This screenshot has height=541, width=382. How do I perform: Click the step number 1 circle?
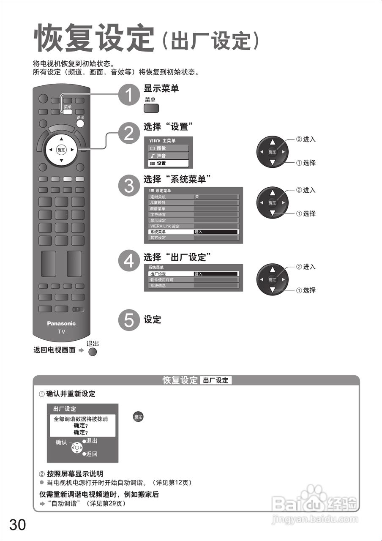128,94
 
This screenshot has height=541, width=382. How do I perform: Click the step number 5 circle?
128,320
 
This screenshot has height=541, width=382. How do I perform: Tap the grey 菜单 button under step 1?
151,108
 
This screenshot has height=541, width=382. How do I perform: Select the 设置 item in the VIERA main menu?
168,163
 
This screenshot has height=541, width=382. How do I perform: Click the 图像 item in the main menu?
168,148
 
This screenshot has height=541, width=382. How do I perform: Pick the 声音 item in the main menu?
168,156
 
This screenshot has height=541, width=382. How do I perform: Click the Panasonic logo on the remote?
61,323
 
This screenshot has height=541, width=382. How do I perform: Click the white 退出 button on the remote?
80,124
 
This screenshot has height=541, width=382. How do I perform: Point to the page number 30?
17,525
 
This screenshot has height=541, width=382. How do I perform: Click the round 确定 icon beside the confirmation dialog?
138,417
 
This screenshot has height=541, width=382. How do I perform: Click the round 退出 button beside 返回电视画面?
93,352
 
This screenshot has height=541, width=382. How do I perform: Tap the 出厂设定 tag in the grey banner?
216,380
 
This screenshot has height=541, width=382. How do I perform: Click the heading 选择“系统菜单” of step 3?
177,179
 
